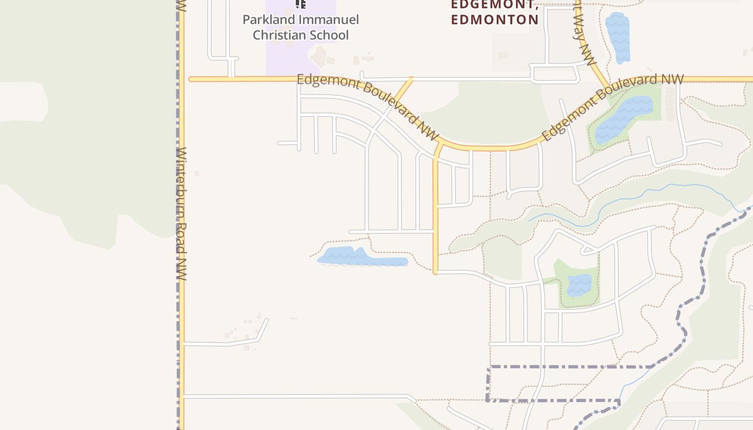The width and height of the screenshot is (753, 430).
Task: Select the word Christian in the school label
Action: [278, 35]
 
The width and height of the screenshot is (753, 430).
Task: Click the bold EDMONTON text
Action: [495, 20]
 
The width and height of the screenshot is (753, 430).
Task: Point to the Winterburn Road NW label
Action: [181, 213]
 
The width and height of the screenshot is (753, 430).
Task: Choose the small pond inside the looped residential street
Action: [579, 285]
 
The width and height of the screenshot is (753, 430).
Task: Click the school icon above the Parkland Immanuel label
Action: [301, 4]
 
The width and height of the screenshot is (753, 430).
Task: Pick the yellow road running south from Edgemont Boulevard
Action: [436, 215]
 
